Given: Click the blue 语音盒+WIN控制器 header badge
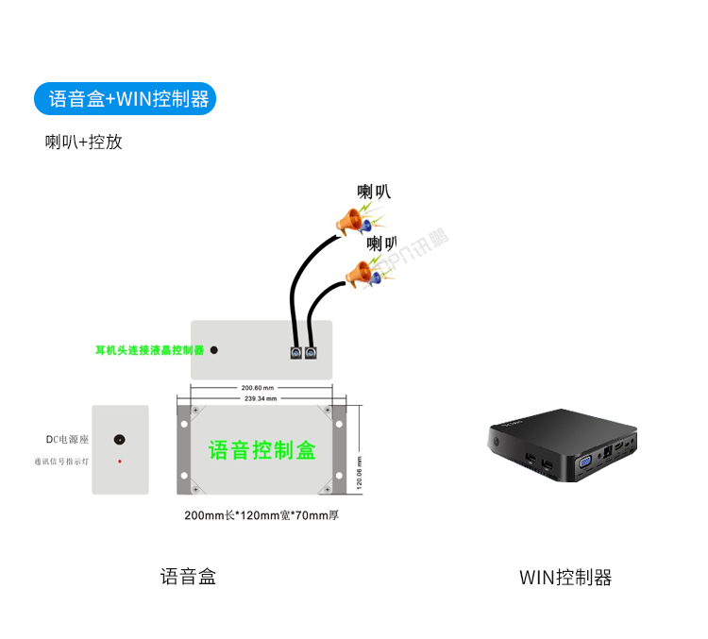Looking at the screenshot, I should pyautogui.click(x=125, y=99).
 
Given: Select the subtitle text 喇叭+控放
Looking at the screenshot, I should pyautogui.click(x=84, y=143).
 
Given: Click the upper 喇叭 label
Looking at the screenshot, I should pyautogui.click(x=373, y=192).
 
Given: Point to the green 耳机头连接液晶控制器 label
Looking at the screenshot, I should pyautogui.click(x=149, y=350).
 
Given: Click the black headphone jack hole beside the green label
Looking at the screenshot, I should pyautogui.click(x=214, y=350).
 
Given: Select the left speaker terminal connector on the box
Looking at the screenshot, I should pyautogui.click(x=295, y=352).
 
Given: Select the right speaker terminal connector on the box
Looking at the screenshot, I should pyautogui.click(x=310, y=352).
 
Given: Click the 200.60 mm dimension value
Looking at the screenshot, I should pyautogui.click(x=257, y=388).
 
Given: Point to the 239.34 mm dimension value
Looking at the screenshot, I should pyautogui.click(x=260, y=398).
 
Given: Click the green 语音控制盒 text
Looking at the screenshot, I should pyautogui.click(x=261, y=450).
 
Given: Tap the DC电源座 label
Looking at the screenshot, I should pyautogui.click(x=67, y=440).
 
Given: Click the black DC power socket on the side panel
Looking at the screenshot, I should pyautogui.click(x=119, y=440).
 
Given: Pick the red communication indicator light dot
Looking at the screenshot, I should pyautogui.click(x=119, y=462).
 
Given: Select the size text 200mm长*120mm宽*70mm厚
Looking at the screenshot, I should pyautogui.click(x=261, y=515).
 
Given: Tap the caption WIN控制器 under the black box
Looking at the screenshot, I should pyautogui.click(x=565, y=578).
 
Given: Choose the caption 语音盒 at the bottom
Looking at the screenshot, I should pyautogui.click(x=188, y=577).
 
